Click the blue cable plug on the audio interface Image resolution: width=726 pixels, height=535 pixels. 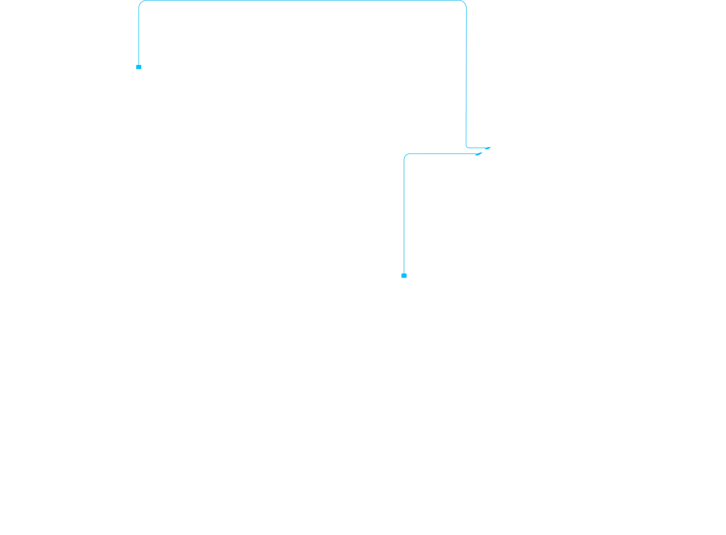tap(139, 67)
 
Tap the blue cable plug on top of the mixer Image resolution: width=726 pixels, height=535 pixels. tap(404, 275)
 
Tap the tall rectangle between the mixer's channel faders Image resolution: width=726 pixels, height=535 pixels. tap(364, 472)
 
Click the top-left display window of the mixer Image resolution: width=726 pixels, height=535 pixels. tap(298, 296)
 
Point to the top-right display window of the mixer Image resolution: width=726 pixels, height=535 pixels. tap(427, 296)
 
